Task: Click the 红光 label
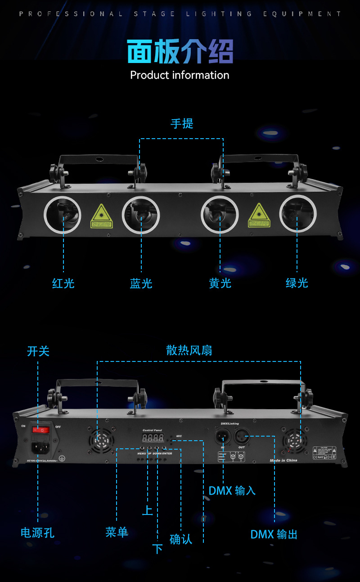63,283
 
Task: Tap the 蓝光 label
141,283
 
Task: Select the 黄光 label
220,283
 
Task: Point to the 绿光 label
297,283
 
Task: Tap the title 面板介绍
180,51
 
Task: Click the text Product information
180,75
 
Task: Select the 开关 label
38,351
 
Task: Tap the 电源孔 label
38,533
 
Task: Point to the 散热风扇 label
189,350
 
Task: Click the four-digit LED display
153,438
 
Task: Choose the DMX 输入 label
232,491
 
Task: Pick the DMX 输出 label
274,534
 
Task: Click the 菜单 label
117,532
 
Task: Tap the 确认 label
181,539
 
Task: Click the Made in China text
283,460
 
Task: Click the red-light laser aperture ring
63,214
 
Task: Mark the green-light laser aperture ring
297,214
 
